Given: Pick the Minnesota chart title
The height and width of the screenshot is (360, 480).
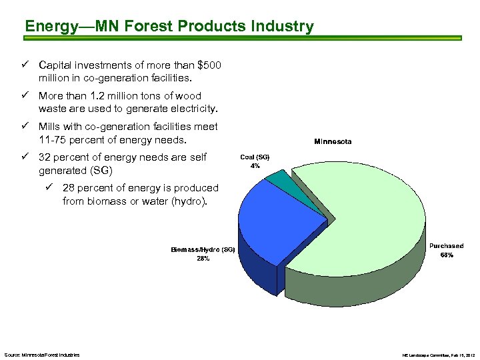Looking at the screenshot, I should (x=333, y=141).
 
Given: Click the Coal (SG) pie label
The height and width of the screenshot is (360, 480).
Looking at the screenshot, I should (x=255, y=157).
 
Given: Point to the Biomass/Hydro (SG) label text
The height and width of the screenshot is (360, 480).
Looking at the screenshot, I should (x=202, y=249).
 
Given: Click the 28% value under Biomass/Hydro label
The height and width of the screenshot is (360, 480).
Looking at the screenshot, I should (x=203, y=259).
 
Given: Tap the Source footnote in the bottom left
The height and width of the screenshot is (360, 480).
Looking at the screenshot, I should (x=42, y=355).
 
